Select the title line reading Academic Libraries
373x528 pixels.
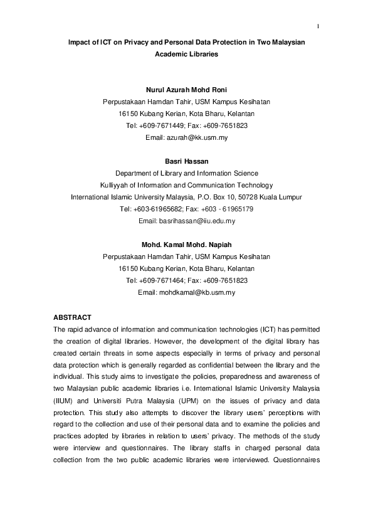click(x=186, y=55)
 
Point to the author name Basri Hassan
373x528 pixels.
click(x=186, y=161)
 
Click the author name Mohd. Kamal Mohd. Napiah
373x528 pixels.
click(x=186, y=245)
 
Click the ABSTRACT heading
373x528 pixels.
click(x=73, y=317)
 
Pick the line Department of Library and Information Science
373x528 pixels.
click(x=186, y=173)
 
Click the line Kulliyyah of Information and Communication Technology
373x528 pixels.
click(x=186, y=185)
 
